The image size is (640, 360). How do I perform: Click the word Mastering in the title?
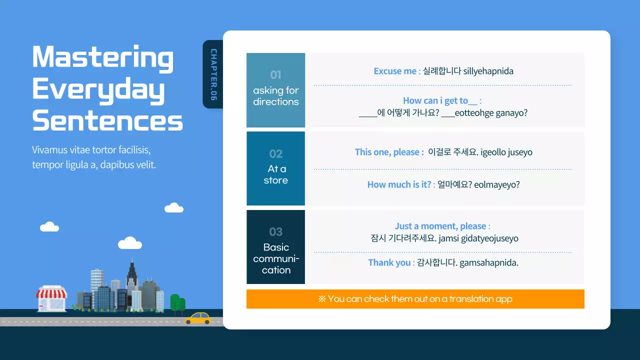103,58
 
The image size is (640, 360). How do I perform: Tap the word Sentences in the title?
107,120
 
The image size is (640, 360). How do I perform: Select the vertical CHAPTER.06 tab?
213,74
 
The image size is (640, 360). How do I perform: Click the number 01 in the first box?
275,75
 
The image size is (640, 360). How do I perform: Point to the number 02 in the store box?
275,154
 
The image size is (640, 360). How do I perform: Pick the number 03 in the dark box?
275,231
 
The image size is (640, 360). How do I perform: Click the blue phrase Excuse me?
395,71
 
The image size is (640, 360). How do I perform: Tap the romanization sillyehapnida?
488,71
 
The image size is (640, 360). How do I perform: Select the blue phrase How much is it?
399,184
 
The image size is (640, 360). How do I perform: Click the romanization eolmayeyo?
497,184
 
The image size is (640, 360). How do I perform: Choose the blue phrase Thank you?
389,262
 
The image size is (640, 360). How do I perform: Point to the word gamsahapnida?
489,263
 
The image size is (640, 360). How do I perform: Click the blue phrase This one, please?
387,152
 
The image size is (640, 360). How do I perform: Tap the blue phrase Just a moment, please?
440,226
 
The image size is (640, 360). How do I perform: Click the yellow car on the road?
198,318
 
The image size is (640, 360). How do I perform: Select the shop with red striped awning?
51,298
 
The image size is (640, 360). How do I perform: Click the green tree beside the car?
177,304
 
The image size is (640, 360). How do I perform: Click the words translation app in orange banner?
480,299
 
